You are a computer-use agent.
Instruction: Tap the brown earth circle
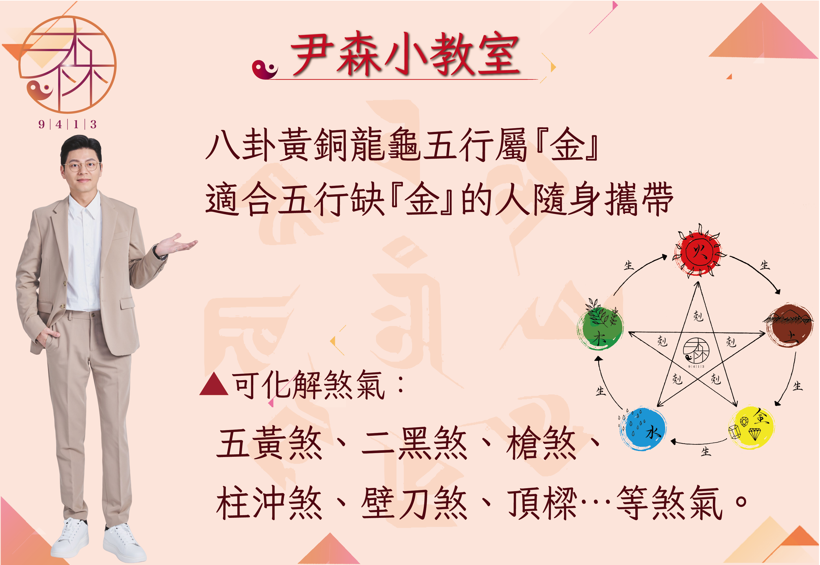coord(789,325)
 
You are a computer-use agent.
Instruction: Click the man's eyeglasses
coord(82,165)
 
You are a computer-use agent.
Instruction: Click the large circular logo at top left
coord(67,64)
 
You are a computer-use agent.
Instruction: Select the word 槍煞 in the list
coord(541,443)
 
